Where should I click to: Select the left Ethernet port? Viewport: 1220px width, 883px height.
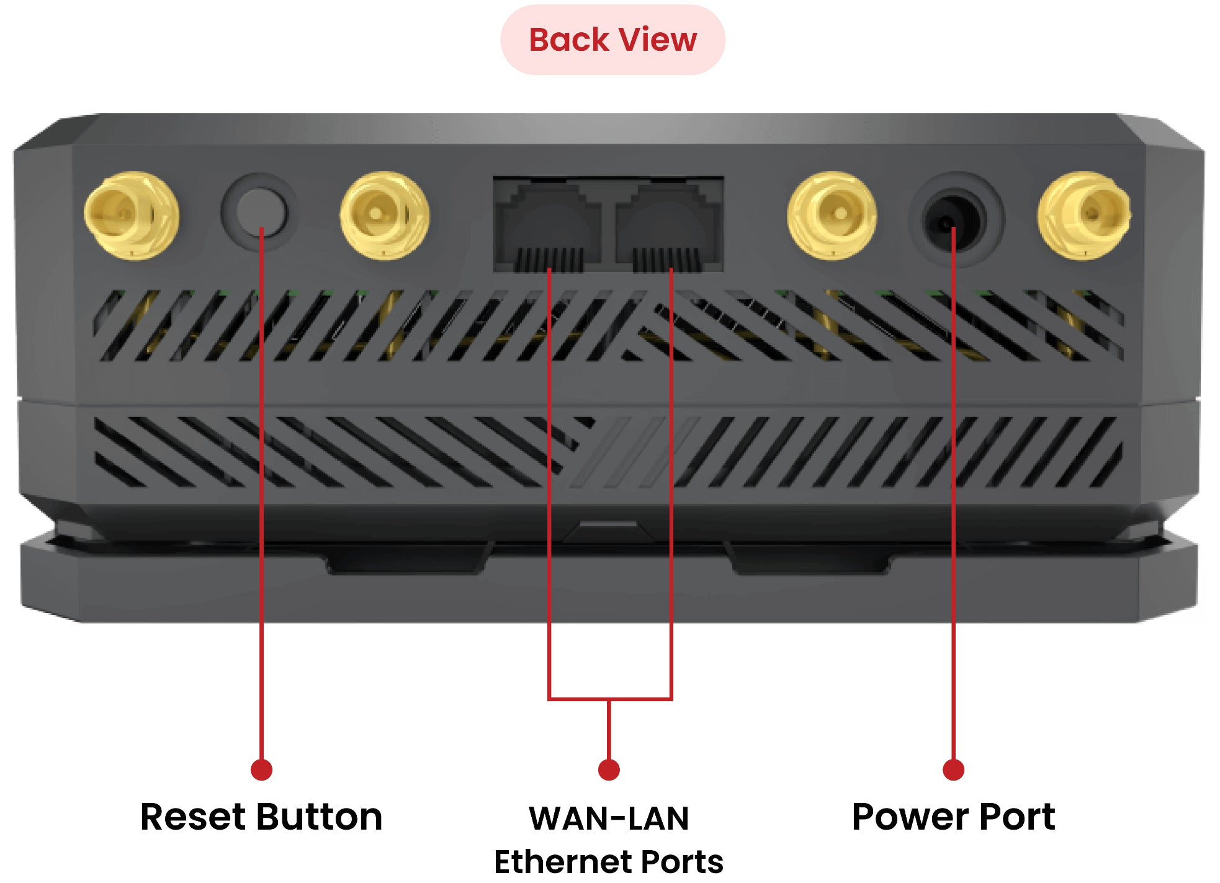547,226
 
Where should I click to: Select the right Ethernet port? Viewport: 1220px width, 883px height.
669,226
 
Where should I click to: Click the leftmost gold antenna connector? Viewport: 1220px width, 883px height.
132,215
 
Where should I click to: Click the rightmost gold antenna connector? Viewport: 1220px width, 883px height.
1084,215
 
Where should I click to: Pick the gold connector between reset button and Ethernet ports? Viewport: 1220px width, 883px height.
384,215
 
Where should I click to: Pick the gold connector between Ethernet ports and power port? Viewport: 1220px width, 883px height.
832,215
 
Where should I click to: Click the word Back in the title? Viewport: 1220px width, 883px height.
568,40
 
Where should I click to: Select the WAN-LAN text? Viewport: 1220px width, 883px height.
609,818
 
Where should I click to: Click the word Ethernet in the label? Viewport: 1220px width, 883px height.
561,861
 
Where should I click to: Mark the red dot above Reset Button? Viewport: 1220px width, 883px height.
261,769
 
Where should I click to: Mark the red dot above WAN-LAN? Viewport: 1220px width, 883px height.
609,769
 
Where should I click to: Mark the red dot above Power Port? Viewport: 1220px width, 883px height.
953,769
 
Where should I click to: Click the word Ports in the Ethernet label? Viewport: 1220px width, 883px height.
681,861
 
